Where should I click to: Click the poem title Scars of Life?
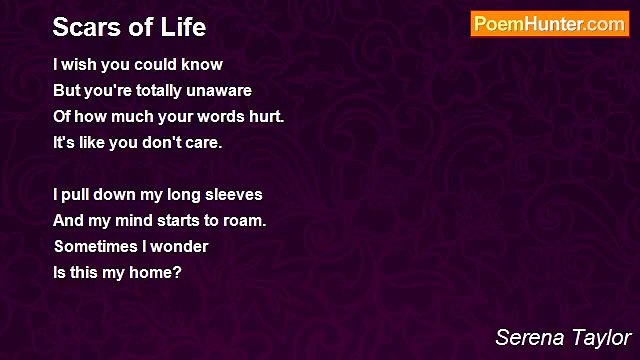coord(129,26)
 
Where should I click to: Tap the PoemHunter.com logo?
coord(549,24)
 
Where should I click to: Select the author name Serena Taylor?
coord(564,337)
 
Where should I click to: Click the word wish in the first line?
coord(82,65)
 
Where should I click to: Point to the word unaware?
coord(217,91)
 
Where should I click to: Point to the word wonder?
coord(179,246)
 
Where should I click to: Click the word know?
coord(201,65)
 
